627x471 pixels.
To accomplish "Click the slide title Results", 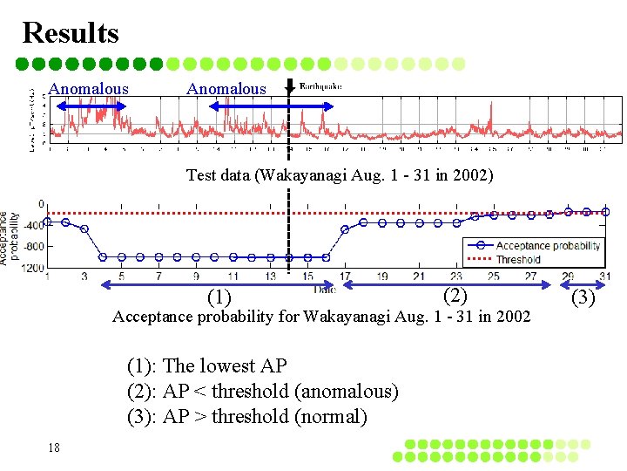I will click(x=71, y=32).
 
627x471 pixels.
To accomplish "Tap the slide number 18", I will click(x=54, y=447).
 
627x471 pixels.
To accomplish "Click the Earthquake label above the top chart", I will click(x=320, y=85).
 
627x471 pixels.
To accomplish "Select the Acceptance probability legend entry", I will click(x=548, y=245).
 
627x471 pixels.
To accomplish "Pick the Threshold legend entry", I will click(x=518, y=259).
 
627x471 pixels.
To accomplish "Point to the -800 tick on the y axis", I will click(x=33, y=246).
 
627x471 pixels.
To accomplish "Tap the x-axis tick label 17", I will click(x=345, y=277).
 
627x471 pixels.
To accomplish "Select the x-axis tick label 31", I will click(x=604, y=277).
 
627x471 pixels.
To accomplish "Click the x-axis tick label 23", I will click(x=456, y=277).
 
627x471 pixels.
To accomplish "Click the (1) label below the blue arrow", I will click(x=219, y=298).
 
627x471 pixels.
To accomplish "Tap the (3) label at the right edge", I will click(x=583, y=298).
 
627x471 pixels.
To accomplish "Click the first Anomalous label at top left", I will click(x=88, y=89).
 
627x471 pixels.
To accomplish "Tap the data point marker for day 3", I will click(x=84, y=229).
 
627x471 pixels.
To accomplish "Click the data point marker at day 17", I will click(x=345, y=229).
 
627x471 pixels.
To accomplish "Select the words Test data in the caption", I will click(x=218, y=175).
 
